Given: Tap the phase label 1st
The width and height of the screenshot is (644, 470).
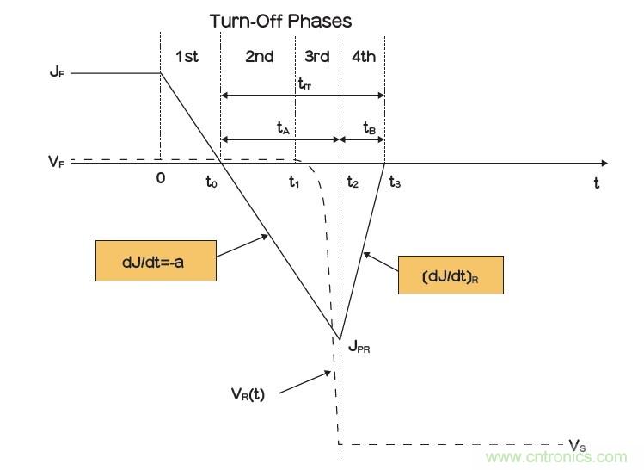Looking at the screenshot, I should pos(187,57).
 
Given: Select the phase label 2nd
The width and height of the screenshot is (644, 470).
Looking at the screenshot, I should pos(259,57).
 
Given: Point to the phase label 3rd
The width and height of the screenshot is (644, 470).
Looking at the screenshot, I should pos(317,57).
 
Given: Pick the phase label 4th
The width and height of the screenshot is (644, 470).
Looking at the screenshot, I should pos(364,57).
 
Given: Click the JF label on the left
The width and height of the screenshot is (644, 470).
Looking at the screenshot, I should pos(57,73).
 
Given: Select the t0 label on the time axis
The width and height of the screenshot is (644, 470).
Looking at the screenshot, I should pos(212,182).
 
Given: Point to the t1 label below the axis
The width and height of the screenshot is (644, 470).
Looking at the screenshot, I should pos(294,182).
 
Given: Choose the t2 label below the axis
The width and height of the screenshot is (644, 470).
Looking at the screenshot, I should pos(353,182).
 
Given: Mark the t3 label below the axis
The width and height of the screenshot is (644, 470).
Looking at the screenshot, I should pos(395,182).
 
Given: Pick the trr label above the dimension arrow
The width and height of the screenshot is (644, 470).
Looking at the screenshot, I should pos(304,83).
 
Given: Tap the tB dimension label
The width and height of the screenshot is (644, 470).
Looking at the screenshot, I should pos(369,127).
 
